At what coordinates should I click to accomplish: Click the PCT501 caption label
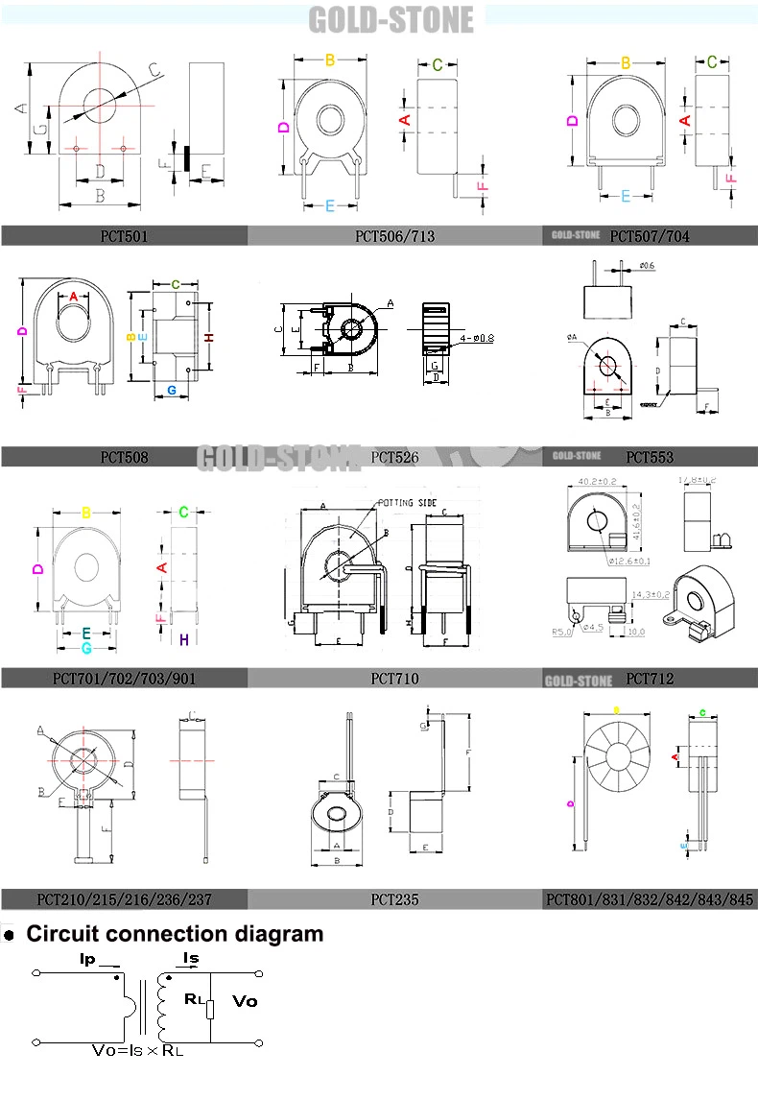(125, 235)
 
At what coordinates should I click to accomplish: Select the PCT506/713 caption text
(394, 235)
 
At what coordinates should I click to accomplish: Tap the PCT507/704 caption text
(649, 235)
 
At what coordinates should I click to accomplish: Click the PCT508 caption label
(125, 457)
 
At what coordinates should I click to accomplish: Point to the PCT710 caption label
(394, 679)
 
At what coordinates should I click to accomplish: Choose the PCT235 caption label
(394, 900)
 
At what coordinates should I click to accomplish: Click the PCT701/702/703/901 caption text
(125, 679)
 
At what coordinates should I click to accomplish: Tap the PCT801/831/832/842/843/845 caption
(650, 900)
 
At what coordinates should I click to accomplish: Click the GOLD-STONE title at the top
(391, 20)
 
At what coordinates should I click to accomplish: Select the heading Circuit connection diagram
(175, 934)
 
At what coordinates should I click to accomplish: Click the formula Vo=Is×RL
(138, 1050)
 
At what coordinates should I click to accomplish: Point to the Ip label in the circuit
(87, 959)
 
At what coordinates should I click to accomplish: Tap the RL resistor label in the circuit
(195, 999)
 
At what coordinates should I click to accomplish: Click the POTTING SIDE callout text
(406, 502)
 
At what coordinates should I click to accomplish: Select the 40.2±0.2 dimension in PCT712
(597, 481)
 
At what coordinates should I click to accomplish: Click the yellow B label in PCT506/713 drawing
(329, 60)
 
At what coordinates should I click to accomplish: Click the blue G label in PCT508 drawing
(171, 390)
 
